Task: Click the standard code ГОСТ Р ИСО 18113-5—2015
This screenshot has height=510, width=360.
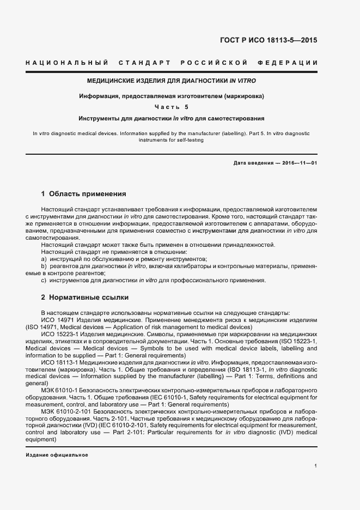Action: [276, 40]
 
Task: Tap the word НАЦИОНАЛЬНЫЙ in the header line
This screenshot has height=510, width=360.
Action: [66, 63]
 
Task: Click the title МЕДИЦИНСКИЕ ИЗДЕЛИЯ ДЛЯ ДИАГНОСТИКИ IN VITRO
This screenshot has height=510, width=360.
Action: [172, 81]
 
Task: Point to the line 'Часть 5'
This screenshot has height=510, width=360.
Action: [172, 107]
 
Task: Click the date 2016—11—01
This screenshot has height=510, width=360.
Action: [298, 163]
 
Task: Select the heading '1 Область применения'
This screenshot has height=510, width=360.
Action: [84, 193]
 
